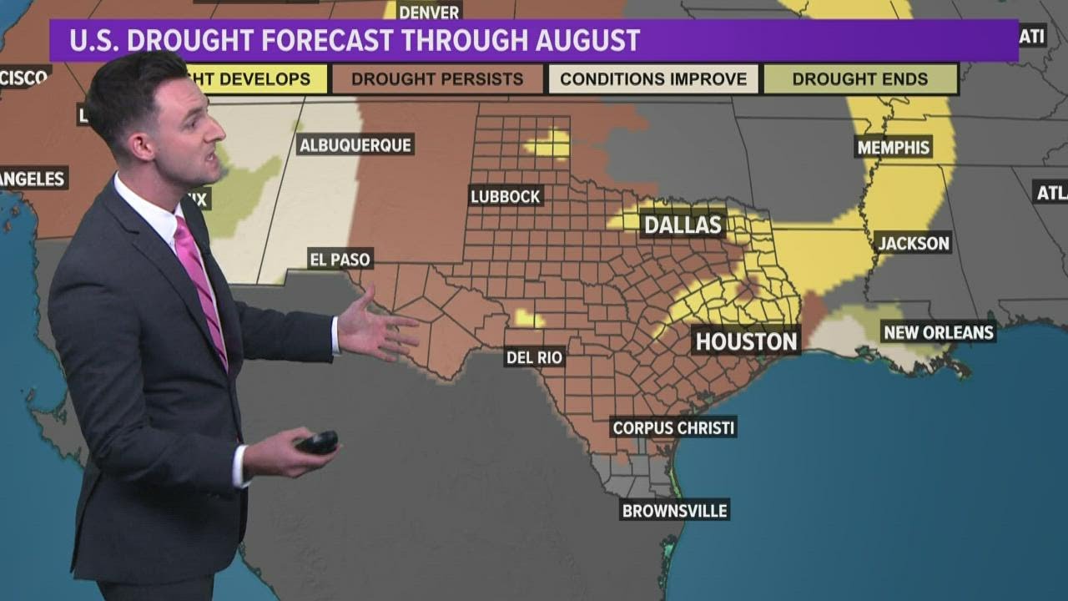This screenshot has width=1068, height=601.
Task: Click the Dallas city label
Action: [x=683, y=225]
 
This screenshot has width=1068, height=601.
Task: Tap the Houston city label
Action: [x=746, y=341]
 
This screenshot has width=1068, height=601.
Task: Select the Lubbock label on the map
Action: [x=506, y=196]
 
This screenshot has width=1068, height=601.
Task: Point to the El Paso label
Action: [x=340, y=259]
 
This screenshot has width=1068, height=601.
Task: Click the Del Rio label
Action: [x=535, y=357]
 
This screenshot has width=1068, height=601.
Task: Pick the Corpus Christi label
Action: [x=673, y=427]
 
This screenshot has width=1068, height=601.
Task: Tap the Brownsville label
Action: [x=674, y=510]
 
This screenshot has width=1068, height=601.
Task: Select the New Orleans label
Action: [x=939, y=332]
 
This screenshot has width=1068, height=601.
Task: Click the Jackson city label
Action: [x=913, y=243]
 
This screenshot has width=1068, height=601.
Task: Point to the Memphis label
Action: [x=893, y=148]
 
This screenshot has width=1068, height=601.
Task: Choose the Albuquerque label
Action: [x=355, y=144]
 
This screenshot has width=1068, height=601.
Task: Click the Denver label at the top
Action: [x=429, y=12]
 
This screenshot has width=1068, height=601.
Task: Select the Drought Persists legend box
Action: [x=437, y=79]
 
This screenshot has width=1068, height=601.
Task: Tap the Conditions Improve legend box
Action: [x=653, y=79]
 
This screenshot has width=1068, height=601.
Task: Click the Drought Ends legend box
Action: [x=859, y=79]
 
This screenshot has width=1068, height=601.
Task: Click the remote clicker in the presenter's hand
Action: [x=318, y=442]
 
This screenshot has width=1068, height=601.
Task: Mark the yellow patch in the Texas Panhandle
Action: [x=549, y=144]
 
